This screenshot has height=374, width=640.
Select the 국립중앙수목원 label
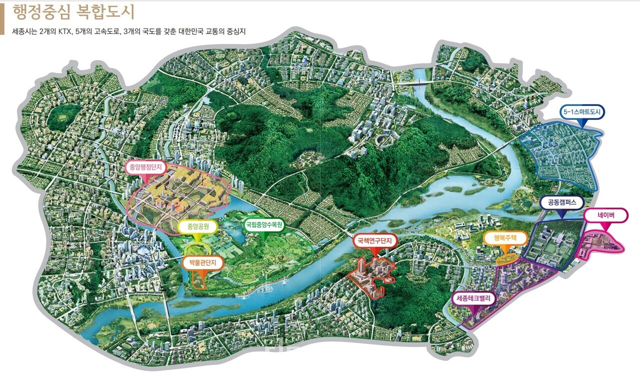pos(264,225)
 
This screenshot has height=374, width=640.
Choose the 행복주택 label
pos(505,238)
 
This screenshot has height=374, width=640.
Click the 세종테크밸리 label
pos(473,299)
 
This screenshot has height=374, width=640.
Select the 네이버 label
pos(605,216)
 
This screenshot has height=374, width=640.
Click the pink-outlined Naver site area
pos(600,245)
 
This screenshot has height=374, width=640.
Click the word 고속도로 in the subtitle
pos(102,31)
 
